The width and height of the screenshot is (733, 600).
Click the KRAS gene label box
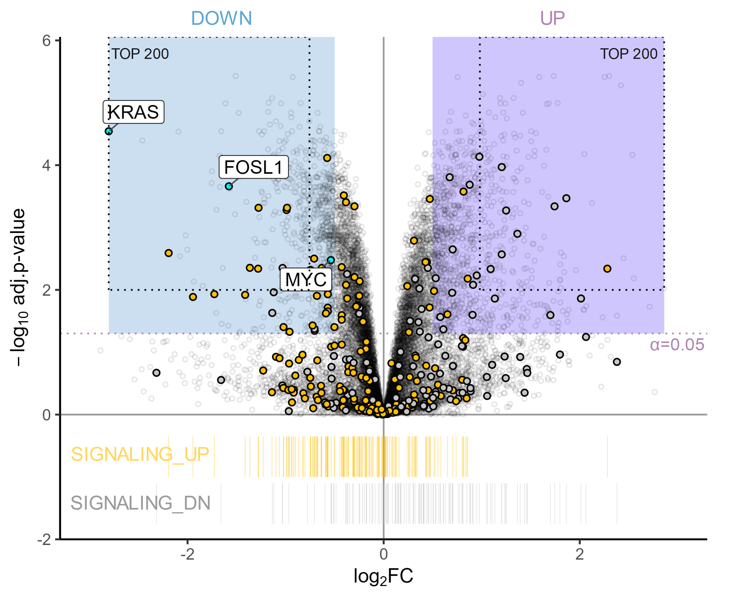[x=133, y=112]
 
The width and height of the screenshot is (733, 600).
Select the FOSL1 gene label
[x=254, y=167]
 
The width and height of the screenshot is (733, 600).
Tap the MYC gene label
[x=306, y=280]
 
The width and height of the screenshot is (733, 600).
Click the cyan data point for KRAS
[x=109, y=131]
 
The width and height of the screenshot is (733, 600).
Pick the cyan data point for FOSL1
[x=229, y=186]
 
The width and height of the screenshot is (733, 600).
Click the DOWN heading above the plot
[x=221, y=18]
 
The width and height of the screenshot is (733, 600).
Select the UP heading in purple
[x=552, y=18]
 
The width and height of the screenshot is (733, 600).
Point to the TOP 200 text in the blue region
[x=140, y=54]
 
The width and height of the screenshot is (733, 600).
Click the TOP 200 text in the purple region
[x=628, y=54]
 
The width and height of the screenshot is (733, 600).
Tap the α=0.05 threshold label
[x=677, y=344]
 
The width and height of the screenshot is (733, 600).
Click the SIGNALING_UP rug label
[x=140, y=454]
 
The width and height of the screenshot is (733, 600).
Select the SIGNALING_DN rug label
[x=141, y=503]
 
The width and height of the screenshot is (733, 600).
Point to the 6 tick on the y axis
[x=46, y=41]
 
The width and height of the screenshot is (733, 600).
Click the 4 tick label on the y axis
[x=46, y=165]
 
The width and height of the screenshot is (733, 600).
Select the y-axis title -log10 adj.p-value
[x=18, y=287]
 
